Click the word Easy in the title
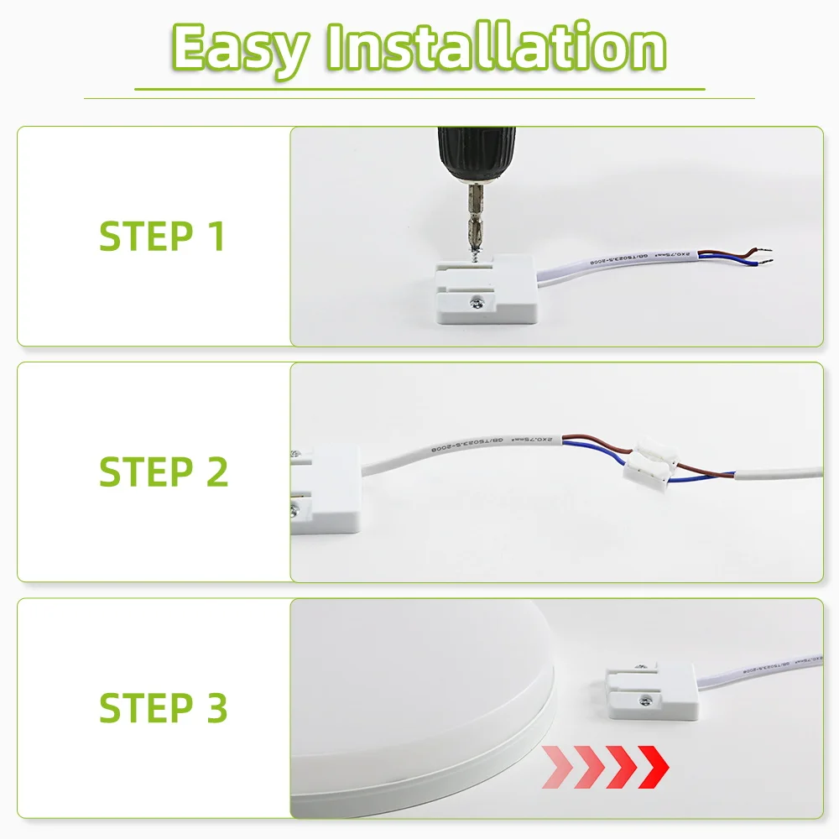click(237, 49)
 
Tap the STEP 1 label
click(162, 237)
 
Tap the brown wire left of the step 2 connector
click(596, 446)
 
